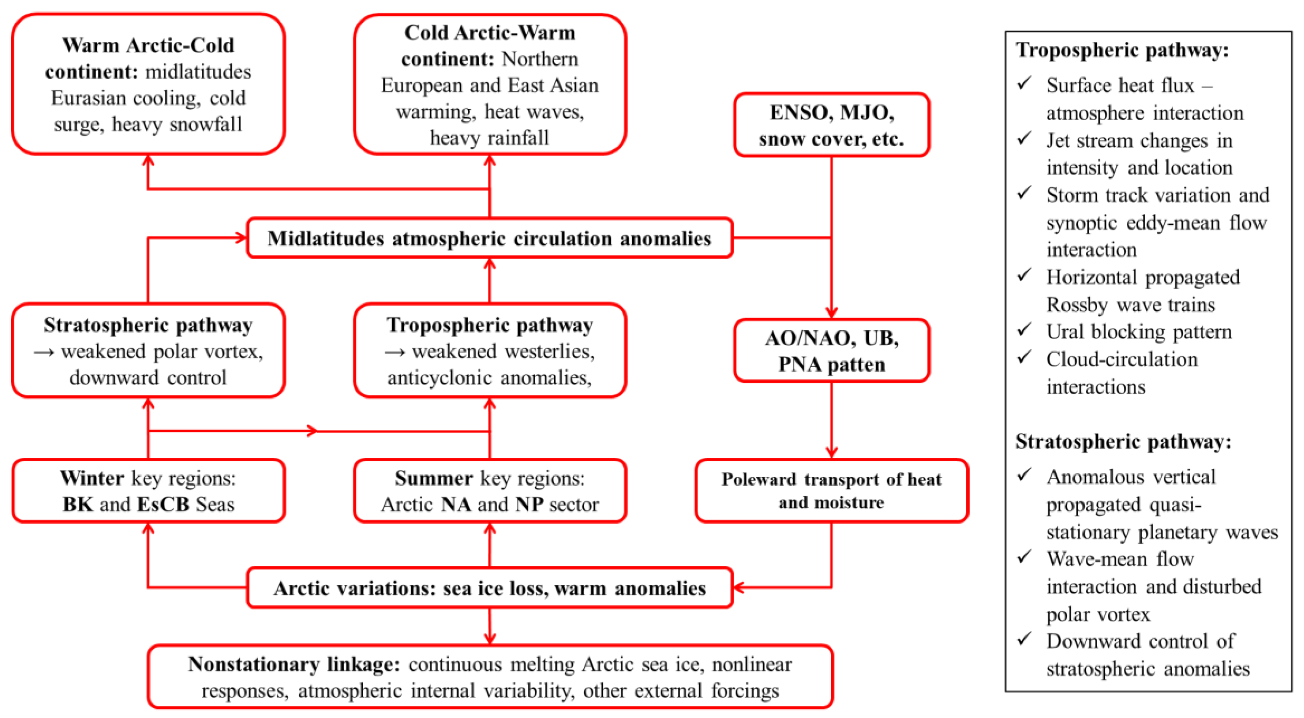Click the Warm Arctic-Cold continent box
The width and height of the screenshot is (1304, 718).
point(148,84)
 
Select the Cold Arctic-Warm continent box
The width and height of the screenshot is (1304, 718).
point(490,84)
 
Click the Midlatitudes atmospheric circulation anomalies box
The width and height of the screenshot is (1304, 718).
point(490,238)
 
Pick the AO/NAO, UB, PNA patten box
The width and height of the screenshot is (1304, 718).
point(831,350)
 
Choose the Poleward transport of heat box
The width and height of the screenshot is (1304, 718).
point(831,490)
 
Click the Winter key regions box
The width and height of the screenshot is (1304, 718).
point(148,490)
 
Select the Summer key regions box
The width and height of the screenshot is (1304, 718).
point(490,490)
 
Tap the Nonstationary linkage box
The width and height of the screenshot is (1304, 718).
point(490,677)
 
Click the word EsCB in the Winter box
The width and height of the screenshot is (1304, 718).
point(163,504)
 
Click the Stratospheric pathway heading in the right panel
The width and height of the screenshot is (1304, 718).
point(1123,442)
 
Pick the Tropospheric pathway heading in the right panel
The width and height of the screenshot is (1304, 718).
point(1122,50)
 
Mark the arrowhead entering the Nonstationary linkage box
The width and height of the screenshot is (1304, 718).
point(490,639)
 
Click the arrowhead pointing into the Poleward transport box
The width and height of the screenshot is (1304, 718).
point(831,452)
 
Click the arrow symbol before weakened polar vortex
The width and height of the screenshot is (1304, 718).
point(44,352)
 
